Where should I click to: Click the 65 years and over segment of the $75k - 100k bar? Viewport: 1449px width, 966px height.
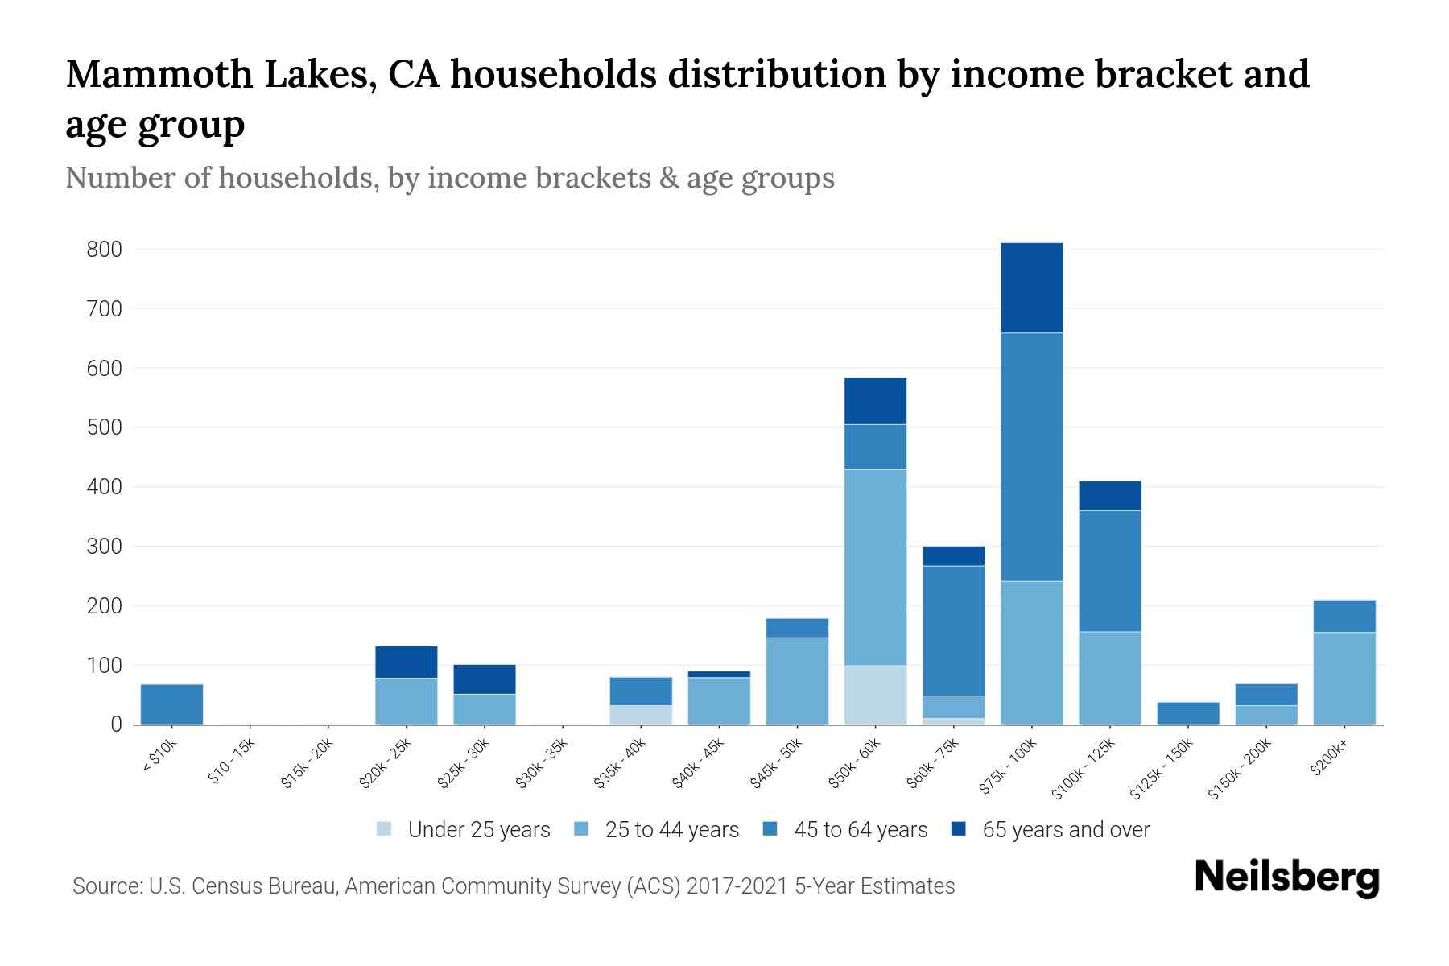point(1031,287)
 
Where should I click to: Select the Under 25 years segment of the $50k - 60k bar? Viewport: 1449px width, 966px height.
point(875,695)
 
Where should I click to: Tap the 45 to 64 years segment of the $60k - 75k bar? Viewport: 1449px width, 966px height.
point(953,630)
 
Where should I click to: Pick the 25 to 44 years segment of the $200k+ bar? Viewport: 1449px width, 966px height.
point(1344,678)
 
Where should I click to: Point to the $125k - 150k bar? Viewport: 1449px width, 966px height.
point(1187,713)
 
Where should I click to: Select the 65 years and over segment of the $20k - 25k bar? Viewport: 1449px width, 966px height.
point(406,662)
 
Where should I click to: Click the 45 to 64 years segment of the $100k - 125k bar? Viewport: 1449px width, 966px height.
point(1109,571)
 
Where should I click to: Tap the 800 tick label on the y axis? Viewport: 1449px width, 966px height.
point(105,250)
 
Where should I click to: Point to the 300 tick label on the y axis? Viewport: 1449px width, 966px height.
point(105,547)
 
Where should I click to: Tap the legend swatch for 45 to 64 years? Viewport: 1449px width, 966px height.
point(770,829)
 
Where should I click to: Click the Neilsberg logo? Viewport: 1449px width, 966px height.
point(1286,877)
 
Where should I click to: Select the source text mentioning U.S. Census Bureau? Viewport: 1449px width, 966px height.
point(513,886)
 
